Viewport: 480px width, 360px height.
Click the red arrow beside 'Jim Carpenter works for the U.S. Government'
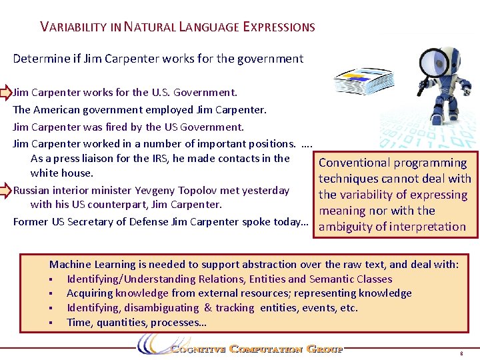(x=5, y=92)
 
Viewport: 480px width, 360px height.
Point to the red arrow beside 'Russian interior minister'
(x=5, y=190)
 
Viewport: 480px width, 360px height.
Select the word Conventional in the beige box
(x=355, y=163)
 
